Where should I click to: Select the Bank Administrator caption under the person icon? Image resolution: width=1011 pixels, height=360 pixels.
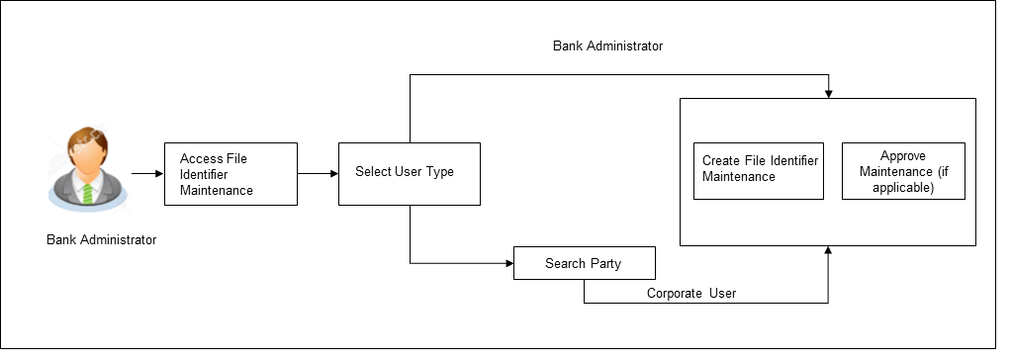pyautogui.click(x=101, y=240)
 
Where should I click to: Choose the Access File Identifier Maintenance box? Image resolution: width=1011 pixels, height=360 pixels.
pyautogui.click(x=230, y=173)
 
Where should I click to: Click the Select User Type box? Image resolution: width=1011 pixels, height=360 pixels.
pyautogui.click(x=409, y=173)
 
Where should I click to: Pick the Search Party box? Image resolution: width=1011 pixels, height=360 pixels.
pyautogui.click(x=584, y=264)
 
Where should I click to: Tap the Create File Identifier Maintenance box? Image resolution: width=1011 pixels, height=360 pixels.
pyautogui.click(x=758, y=169)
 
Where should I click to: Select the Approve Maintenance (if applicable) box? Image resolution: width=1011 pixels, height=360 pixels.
pyautogui.click(x=903, y=171)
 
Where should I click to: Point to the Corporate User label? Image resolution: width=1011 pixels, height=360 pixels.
pyautogui.click(x=691, y=294)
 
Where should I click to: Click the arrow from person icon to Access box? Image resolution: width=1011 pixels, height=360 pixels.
pyautogui.click(x=146, y=173)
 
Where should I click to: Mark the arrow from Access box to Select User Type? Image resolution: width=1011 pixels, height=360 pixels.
pyautogui.click(x=318, y=173)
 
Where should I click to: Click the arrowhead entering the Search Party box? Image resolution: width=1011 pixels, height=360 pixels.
pyautogui.click(x=508, y=264)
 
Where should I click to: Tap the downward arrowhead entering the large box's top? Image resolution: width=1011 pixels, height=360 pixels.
pyautogui.click(x=828, y=93)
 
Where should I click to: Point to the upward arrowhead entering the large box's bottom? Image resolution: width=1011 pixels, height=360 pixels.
pyautogui.click(x=828, y=252)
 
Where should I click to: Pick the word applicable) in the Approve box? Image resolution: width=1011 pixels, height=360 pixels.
pyautogui.click(x=903, y=186)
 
